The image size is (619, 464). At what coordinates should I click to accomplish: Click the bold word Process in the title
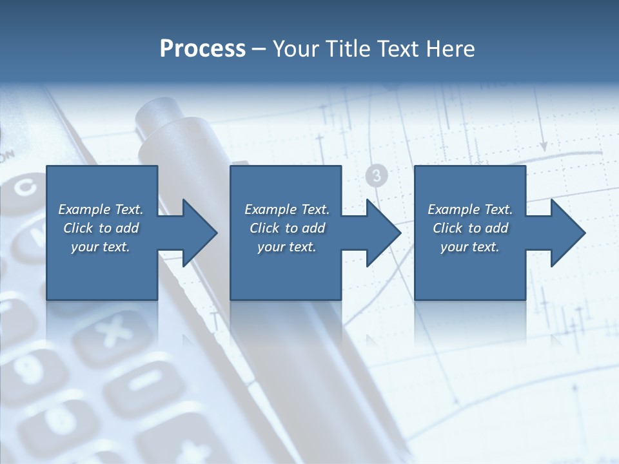202,49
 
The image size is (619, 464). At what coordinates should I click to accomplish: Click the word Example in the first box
84,209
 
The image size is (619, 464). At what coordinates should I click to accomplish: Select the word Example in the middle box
270,209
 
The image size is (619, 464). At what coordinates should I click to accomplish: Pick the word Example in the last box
453,209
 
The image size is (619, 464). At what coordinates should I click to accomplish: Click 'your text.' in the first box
101,247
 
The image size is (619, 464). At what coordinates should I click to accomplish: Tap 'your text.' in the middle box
287,247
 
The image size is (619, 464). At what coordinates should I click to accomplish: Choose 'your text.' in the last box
470,247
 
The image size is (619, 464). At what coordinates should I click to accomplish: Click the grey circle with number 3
377,175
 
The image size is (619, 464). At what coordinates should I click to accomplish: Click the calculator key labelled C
26,188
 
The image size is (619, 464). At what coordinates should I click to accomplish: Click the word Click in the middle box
264,228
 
